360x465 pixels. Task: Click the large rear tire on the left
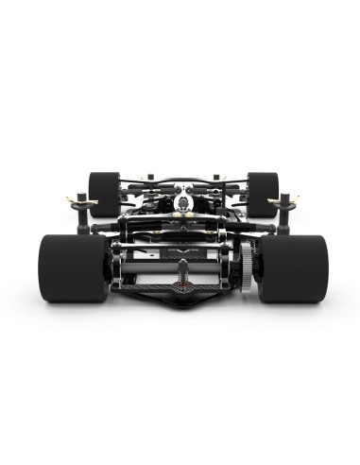pos(74,267)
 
